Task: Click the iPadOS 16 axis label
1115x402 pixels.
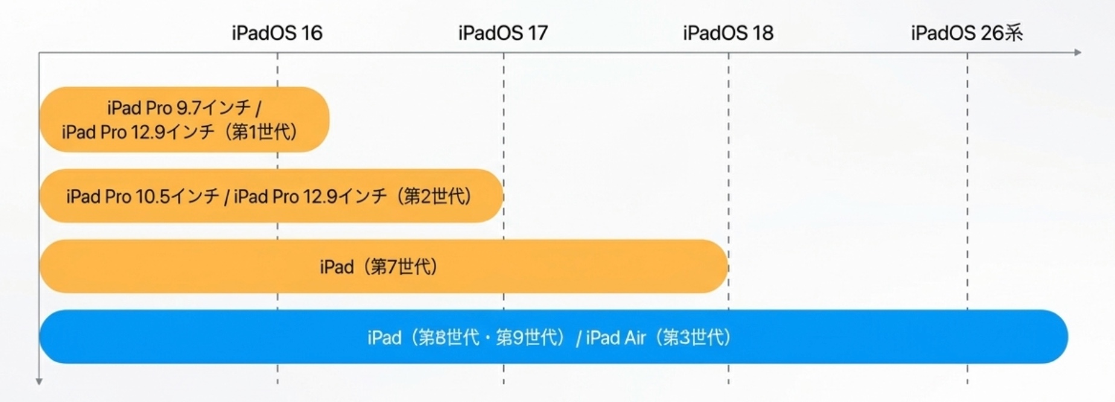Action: [x=277, y=33]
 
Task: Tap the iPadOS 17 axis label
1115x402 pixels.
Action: [x=503, y=33]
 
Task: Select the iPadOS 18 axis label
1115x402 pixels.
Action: [x=728, y=33]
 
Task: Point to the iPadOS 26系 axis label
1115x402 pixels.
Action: [x=967, y=33]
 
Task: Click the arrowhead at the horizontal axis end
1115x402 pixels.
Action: [x=1078, y=53]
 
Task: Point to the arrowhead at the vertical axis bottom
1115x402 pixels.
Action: [x=39, y=381]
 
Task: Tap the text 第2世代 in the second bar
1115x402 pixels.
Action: [x=437, y=196]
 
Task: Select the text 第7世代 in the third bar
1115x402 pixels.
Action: [x=403, y=266]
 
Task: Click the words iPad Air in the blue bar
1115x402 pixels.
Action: [x=615, y=337]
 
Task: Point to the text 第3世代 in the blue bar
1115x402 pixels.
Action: [x=696, y=337]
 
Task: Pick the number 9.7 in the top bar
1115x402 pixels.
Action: [x=189, y=108]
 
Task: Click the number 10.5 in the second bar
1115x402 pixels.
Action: [x=153, y=196]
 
